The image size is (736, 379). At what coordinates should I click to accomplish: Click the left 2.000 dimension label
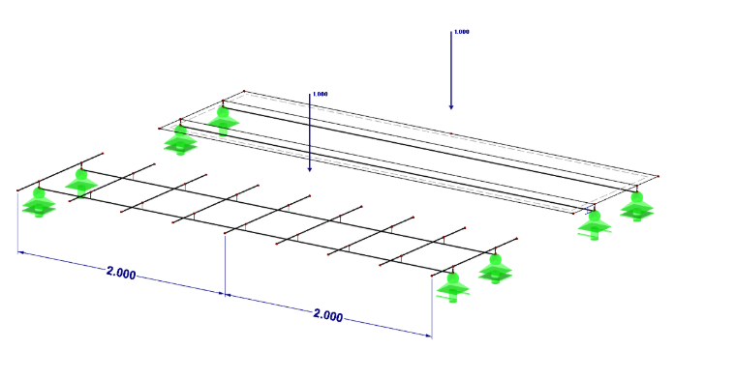[121, 273]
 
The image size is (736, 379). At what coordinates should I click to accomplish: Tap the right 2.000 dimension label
[328, 315]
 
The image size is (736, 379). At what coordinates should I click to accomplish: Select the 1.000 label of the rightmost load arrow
[461, 32]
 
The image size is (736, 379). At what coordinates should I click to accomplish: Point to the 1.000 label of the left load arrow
[321, 94]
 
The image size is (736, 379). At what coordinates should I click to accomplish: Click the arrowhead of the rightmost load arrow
[451, 106]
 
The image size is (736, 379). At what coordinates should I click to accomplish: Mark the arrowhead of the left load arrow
[309, 168]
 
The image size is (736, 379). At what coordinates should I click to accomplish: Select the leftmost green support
[39, 202]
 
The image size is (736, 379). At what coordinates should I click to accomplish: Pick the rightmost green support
[636, 207]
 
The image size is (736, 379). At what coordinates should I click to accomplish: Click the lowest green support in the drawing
[452, 287]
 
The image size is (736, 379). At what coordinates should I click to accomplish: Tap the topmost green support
[223, 121]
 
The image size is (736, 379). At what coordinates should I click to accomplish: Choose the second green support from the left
[81, 183]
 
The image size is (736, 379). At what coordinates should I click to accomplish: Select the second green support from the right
[595, 225]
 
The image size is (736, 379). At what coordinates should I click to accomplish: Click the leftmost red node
[17, 190]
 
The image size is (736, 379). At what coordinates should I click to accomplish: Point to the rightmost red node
[659, 176]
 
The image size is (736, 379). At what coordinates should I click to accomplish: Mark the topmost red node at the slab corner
[244, 91]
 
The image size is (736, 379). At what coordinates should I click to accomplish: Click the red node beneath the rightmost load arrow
[451, 133]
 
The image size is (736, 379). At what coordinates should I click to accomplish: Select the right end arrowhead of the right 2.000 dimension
[428, 335]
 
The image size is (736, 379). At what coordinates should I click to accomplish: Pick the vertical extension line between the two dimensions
[225, 265]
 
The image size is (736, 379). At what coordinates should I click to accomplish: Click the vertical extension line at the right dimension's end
[432, 306]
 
